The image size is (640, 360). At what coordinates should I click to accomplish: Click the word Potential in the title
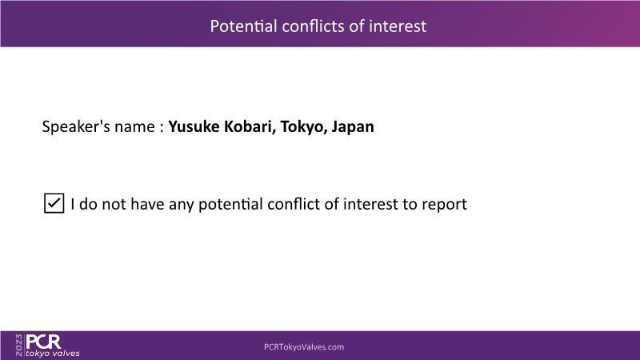click(x=244, y=26)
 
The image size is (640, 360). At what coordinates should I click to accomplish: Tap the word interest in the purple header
click(x=398, y=26)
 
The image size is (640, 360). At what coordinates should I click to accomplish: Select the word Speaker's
click(x=76, y=126)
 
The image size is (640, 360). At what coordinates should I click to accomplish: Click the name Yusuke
click(x=194, y=126)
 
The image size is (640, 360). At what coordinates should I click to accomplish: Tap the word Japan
click(x=353, y=127)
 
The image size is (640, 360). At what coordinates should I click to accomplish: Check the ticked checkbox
click(x=54, y=203)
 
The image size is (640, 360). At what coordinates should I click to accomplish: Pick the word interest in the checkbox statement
click(x=370, y=204)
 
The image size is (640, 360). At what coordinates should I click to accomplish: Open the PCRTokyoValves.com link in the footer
click(x=304, y=347)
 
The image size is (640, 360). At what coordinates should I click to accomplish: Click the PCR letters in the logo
click(x=44, y=342)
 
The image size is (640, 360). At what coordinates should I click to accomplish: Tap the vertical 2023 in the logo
click(x=19, y=346)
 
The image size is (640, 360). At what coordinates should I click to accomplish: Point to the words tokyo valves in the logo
click(x=53, y=354)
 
